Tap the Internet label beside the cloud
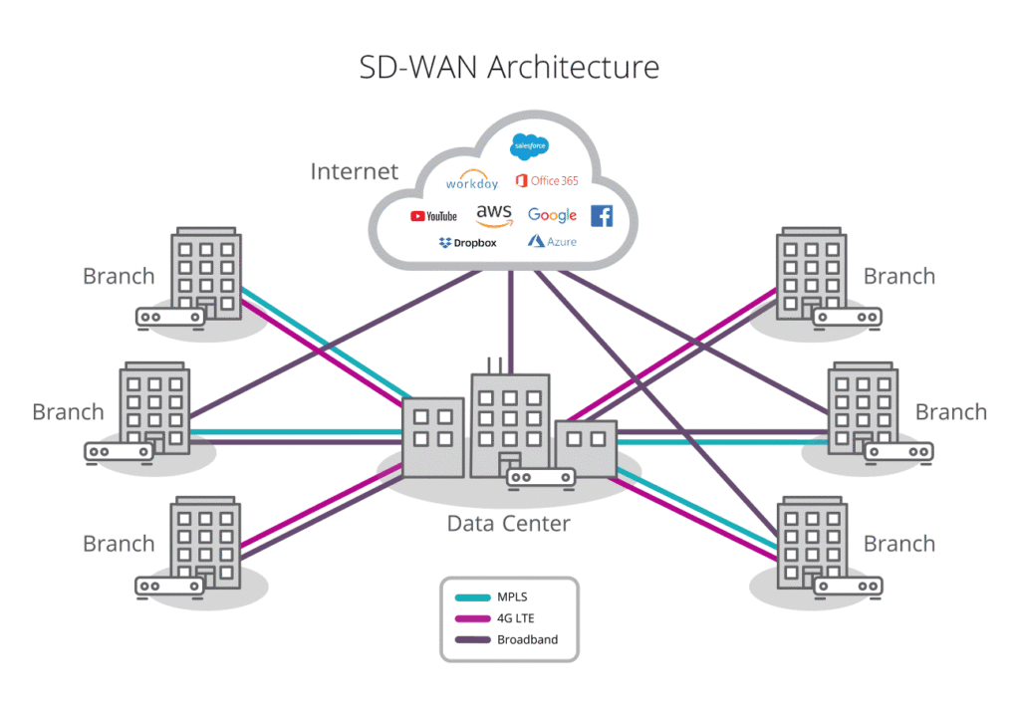point(354,171)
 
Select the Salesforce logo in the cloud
point(529,147)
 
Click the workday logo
point(471,182)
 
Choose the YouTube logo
point(433,216)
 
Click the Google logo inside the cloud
point(552,215)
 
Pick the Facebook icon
point(602,215)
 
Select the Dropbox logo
point(467,242)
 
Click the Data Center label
point(508,523)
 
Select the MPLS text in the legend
point(512,597)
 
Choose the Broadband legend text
point(527,639)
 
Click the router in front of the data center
point(542,478)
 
